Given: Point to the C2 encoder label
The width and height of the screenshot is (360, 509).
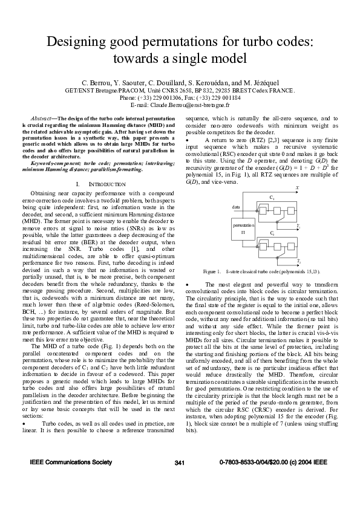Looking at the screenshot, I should [x=272, y=233].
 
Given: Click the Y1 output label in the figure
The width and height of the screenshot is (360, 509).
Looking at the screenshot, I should [x=298, y=225].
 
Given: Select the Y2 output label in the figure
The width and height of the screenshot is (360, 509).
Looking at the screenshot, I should [x=298, y=261].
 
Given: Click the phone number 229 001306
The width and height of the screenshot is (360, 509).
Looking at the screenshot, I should [x=164, y=97].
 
